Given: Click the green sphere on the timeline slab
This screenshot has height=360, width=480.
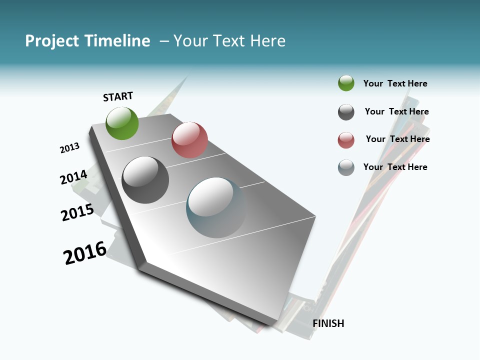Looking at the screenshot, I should [x=122, y=123].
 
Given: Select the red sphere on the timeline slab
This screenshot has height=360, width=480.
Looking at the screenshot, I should [x=189, y=140].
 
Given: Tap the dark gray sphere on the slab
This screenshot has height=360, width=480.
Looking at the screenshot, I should [x=145, y=180].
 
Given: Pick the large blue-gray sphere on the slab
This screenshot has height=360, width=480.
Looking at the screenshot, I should [x=216, y=207].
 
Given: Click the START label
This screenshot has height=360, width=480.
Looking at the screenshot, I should [x=118, y=96].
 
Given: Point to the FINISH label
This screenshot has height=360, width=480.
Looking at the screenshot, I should [x=328, y=323].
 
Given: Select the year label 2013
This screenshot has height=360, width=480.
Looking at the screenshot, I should [x=69, y=148].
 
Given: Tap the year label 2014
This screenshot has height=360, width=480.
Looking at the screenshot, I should [x=73, y=177].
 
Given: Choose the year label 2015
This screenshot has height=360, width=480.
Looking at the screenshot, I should [x=77, y=213].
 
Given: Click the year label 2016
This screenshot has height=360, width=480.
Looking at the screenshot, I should [x=85, y=253].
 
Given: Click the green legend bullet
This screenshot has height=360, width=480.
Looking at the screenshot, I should [x=346, y=83].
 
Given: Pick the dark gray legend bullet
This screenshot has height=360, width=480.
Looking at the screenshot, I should [x=346, y=112].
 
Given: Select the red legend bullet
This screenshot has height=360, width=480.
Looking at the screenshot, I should [x=346, y=140].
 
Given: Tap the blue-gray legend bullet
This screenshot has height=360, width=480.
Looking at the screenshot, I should [x=346, y=167].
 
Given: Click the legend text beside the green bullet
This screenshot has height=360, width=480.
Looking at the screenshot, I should [x=395, y=83].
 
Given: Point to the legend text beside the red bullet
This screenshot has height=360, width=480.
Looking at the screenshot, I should [x=397, y=139].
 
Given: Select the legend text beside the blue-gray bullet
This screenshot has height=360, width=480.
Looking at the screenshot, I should [x=395, y=167].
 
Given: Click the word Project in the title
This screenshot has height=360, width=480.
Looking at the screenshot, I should [x=51, y=41].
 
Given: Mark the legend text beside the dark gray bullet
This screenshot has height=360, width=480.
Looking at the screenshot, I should [x=396, y=111].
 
